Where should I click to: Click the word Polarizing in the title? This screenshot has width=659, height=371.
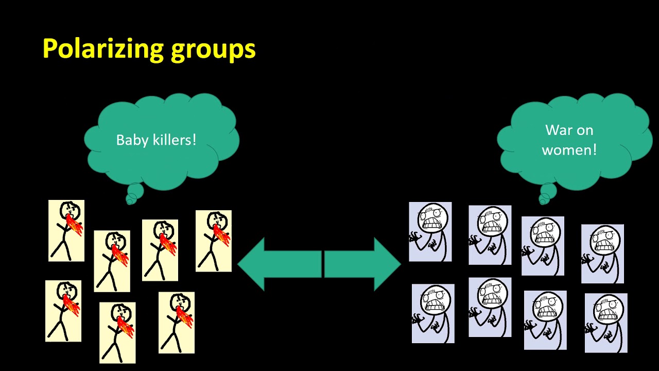click(101, 48)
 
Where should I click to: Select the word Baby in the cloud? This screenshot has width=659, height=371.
click(130, 140)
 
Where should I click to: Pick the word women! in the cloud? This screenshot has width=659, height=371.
click(569, 150)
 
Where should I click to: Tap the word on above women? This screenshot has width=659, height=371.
click(585, 130)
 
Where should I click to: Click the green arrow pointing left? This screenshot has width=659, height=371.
click(278, 264)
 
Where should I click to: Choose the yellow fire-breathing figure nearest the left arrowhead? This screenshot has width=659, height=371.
click(213, 241)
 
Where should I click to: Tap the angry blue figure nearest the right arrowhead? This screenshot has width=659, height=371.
click(430, 232)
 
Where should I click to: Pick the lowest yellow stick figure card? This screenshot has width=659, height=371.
click(117, 332)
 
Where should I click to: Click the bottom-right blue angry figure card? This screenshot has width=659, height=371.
click(606, 323)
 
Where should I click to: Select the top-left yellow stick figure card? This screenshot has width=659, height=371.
click(66, 230)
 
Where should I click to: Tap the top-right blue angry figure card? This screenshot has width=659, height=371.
click(602, 254)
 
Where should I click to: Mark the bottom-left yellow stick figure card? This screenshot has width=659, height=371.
click(63, 311)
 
